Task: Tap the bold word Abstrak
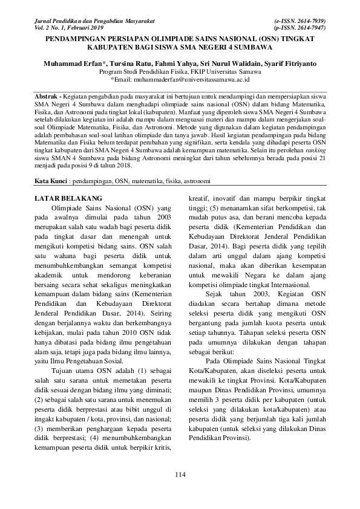coord(45,97)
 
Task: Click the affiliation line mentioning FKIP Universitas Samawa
coord(180,71)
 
